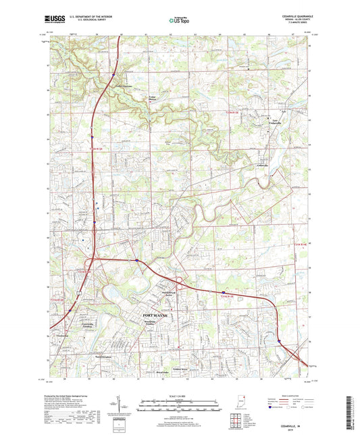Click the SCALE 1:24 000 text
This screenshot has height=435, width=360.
[x=180, y=394]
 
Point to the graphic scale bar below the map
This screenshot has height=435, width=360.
[x=180, y=403]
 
